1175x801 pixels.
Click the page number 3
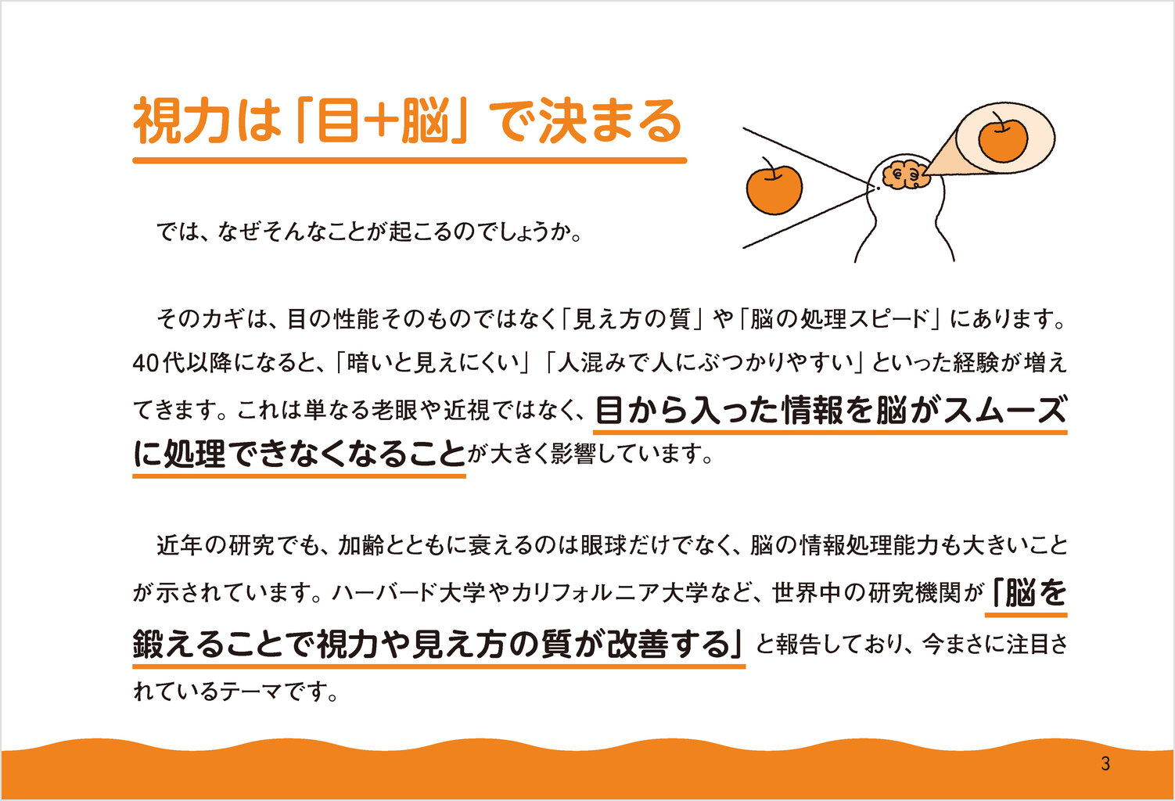click(1105, 763)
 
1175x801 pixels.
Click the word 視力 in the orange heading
click(181, 121)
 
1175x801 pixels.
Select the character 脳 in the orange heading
click(426, 121)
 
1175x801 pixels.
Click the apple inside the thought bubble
click(1003, 138)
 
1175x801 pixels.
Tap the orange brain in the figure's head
click(907, 174)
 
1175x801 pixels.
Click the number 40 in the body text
click(146, 363)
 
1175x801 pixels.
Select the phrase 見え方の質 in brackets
click(631, 319)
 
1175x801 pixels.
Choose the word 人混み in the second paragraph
click(591, 363)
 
